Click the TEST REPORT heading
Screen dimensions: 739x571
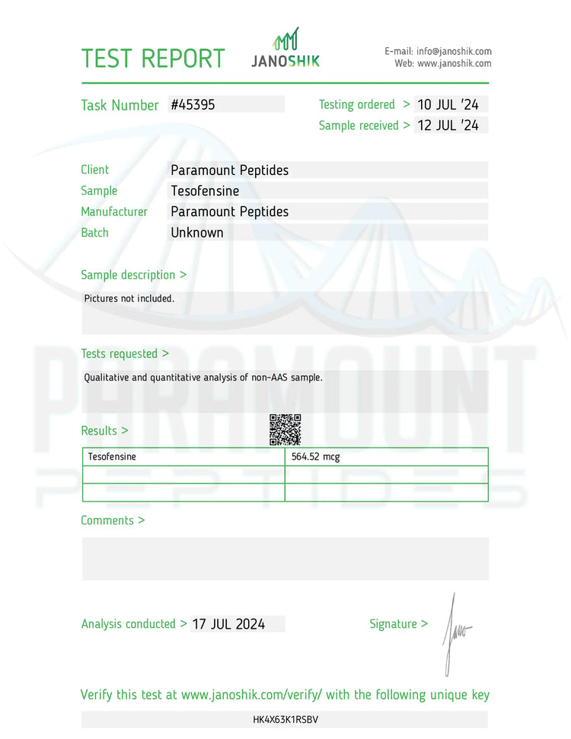point(153,59)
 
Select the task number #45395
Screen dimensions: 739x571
point(193,105)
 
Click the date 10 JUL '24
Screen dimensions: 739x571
point(448,104)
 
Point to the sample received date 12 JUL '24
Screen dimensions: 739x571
point(448,126)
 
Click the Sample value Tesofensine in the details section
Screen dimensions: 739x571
point(205,191)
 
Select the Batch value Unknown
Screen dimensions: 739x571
point(197,233)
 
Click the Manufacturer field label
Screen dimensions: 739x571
point(114,212)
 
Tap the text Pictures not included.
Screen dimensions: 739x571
point(129,298)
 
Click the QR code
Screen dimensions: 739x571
point(285,430)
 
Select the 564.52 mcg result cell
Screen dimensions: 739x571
point(315,457)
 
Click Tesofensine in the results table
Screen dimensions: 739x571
point(112,457)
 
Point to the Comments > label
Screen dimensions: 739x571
point(113,521)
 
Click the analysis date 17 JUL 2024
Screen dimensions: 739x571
point(228,624)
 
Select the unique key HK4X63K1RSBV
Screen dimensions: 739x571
point(285,719)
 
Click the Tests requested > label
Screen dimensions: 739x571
point(125,354)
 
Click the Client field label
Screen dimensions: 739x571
point(95,170)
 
